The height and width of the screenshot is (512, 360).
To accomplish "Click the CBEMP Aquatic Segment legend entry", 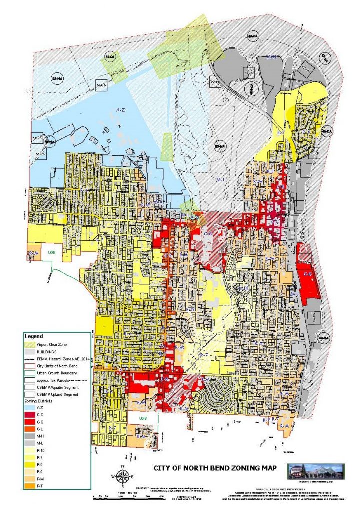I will click(x=60, y=387).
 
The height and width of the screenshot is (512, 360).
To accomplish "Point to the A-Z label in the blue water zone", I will click(x=120, y=109).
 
